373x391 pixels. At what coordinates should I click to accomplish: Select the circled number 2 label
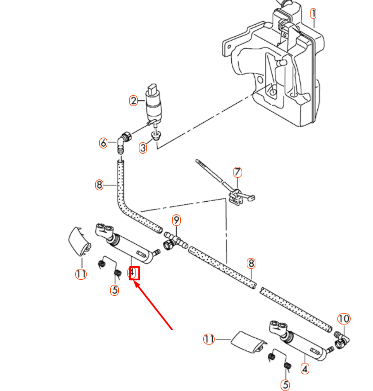[134, 101]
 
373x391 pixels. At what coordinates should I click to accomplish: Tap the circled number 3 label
[143, 148]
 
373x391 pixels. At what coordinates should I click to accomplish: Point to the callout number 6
[103, 143]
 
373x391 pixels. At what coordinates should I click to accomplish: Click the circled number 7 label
[238, 172]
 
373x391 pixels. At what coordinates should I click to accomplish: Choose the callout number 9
[177, 220]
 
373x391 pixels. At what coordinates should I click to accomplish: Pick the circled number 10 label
[343, 319]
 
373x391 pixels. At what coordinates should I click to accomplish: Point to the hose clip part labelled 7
[234, 195]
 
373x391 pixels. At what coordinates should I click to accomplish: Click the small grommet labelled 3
[155, 136]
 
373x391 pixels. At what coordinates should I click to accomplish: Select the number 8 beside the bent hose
[99, 185]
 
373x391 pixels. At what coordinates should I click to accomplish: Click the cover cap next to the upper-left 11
[78, 241]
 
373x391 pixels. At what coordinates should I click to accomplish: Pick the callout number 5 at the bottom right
[286, 385]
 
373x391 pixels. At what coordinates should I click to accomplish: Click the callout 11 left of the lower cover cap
[209, 339]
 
